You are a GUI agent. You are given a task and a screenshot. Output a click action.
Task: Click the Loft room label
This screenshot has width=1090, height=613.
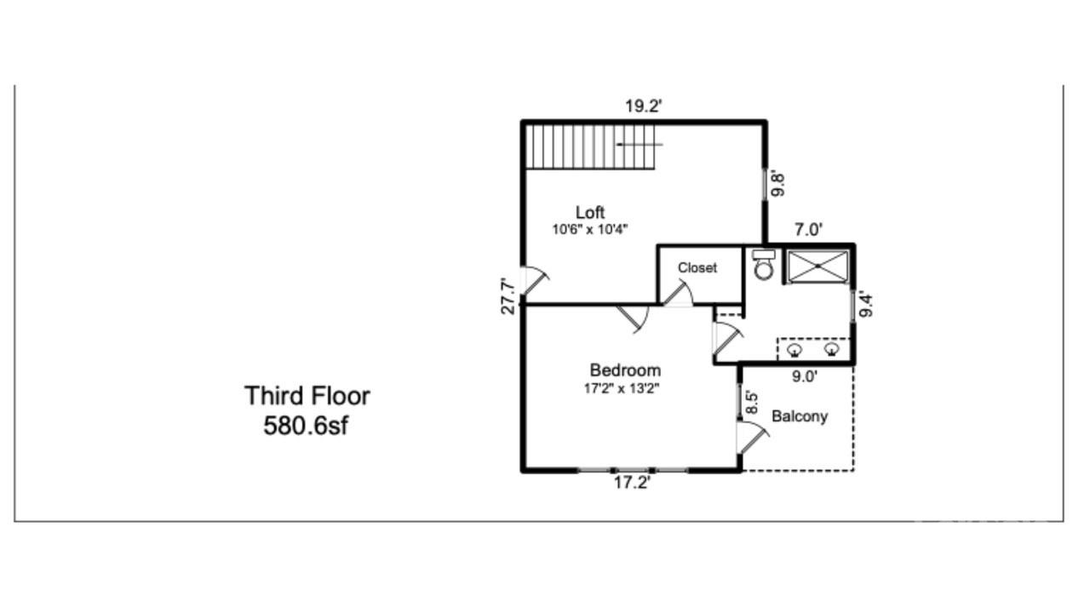590,213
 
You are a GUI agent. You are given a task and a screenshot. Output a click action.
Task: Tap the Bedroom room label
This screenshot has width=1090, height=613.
625,370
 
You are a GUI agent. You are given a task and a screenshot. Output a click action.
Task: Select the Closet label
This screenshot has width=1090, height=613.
697,267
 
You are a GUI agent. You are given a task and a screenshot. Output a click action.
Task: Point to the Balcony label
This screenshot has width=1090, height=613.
800,416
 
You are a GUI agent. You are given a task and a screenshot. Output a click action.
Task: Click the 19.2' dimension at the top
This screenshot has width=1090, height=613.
643,106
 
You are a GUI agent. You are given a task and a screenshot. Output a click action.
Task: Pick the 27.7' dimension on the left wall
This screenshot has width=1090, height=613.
508,296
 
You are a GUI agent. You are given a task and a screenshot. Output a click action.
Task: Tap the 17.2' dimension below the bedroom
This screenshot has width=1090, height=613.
632,483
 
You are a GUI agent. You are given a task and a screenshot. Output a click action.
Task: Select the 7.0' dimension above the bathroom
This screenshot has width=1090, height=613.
808,229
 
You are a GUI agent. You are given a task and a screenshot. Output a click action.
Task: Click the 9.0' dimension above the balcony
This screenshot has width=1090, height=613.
805,376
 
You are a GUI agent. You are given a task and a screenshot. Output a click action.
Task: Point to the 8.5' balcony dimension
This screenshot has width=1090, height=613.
752,403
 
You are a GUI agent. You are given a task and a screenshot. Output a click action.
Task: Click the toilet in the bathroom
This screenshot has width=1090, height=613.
764,265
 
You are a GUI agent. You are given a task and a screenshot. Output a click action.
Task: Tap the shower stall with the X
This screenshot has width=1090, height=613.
818,266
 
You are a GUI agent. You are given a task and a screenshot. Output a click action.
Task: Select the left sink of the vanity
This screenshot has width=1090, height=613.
795,349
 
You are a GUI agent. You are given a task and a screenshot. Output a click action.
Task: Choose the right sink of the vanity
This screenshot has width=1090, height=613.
832,349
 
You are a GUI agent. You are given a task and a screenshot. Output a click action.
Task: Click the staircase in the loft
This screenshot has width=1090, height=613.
590,147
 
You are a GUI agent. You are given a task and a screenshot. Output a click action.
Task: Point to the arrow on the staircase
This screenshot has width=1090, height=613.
640,145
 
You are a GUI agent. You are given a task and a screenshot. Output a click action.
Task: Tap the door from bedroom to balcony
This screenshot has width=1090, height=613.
752,438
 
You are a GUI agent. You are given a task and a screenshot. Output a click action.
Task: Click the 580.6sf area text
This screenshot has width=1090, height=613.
306,427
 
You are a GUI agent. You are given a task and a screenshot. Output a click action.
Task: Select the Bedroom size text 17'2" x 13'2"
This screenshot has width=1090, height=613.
622,389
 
